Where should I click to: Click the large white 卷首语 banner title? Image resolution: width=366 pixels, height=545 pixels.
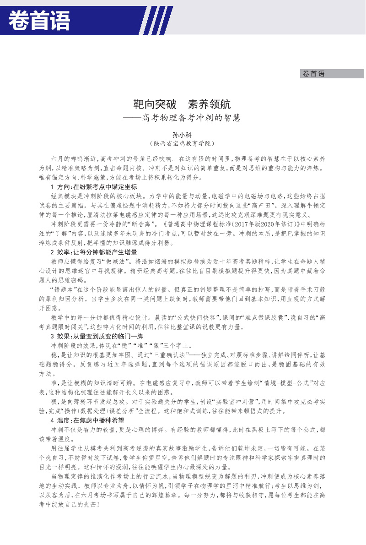[x=39, y=21]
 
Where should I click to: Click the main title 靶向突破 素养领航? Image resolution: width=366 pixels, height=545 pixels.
[x=183, y=104]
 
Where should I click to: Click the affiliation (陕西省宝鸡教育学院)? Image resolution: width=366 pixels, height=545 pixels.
[x=183, y=143]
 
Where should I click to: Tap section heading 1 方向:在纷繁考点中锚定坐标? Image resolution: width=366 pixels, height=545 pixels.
[x=93, y=187]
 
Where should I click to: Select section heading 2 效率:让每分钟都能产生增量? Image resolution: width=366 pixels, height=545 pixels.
[x=93, y=252]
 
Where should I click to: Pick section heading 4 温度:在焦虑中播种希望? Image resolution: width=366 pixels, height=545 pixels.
[x=87, y=420]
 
